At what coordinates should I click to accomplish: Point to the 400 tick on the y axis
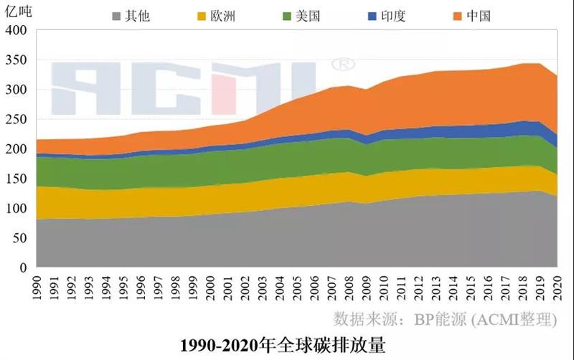coord(16,30)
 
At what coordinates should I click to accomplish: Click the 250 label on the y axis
coord(16,120)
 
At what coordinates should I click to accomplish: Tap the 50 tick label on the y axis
coord(19,238)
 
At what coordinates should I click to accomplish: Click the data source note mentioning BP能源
coord(445,318)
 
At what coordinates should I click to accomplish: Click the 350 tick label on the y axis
coord(16,60)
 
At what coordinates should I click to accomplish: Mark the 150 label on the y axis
coord(16,179)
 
